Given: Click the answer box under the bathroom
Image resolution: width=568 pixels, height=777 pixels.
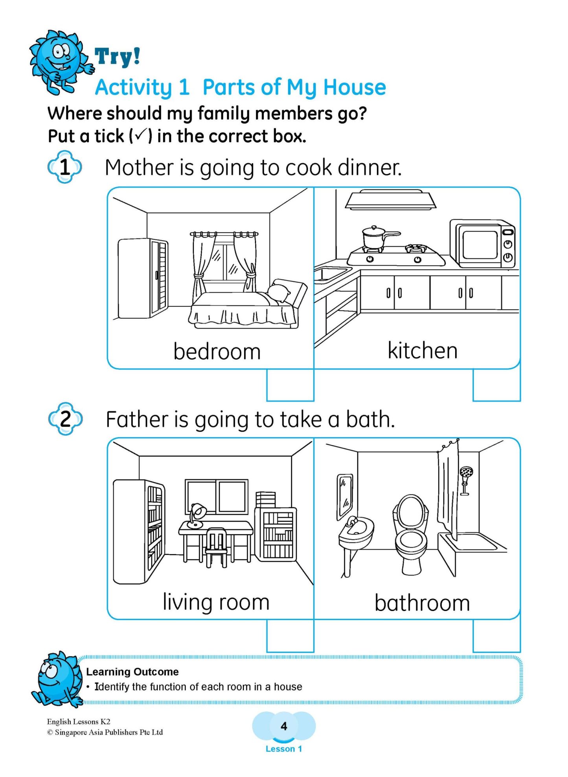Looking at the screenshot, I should tap(496, 635).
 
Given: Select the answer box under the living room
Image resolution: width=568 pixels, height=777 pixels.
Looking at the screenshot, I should tap(290, 635).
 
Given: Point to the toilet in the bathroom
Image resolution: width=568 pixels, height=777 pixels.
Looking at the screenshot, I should tap(410, 535).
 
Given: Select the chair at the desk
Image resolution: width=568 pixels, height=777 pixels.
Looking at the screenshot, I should tap(216, 547).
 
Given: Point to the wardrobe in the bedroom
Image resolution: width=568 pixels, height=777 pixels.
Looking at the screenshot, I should tap(142, 278).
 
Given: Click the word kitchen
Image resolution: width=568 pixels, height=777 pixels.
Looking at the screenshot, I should tap(422, 351).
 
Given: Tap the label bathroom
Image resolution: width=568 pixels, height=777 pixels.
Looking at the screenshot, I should tap(422, 603).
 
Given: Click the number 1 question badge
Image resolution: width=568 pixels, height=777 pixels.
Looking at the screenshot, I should tap(65, 167).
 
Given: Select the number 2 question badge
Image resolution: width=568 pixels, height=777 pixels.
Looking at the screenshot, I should tap(65, 419).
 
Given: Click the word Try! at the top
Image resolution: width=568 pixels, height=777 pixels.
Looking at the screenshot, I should tap(117, 56).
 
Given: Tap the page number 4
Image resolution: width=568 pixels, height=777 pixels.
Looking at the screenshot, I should tap(284, 726).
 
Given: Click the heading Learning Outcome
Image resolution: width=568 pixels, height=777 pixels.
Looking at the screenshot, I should tap(132, 672).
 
